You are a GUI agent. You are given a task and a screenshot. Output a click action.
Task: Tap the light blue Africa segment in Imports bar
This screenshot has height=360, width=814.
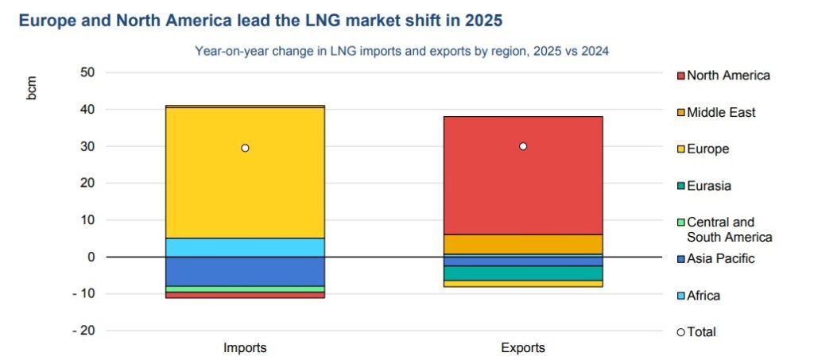click(x=245, y=247)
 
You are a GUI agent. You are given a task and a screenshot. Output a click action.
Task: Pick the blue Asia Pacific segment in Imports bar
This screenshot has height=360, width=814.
click(x=245, y=271)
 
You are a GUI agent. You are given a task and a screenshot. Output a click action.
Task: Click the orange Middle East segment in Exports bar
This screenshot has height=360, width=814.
click(x=523, y=244)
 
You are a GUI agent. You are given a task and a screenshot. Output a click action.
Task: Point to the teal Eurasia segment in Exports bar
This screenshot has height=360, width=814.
click(x=523, y=273)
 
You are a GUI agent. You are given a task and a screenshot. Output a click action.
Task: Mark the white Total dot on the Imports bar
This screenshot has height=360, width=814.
click(x=245, y=148)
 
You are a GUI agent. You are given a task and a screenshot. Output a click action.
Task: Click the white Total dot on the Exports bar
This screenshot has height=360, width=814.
click(x=523, y=146)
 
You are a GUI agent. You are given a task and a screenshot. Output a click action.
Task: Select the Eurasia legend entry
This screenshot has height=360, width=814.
click(x=708, y=186)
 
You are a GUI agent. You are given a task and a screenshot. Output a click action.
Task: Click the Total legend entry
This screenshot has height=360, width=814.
click(x=701, y=332)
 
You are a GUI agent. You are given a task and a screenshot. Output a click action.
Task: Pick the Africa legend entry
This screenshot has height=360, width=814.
click(x=703, y=296)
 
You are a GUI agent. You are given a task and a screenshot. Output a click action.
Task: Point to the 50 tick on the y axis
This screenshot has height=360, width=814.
click(x=87, y=72)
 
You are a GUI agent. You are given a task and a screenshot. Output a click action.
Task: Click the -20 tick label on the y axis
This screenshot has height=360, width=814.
click(x=83, y=331)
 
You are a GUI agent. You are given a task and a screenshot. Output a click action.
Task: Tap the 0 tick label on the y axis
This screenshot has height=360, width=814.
click(x=91, y=257)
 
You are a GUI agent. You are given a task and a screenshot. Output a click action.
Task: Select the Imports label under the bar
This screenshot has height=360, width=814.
click(x=245, y=348)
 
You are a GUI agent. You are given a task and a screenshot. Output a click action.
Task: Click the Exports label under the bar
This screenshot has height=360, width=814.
click(x=523, y=348)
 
